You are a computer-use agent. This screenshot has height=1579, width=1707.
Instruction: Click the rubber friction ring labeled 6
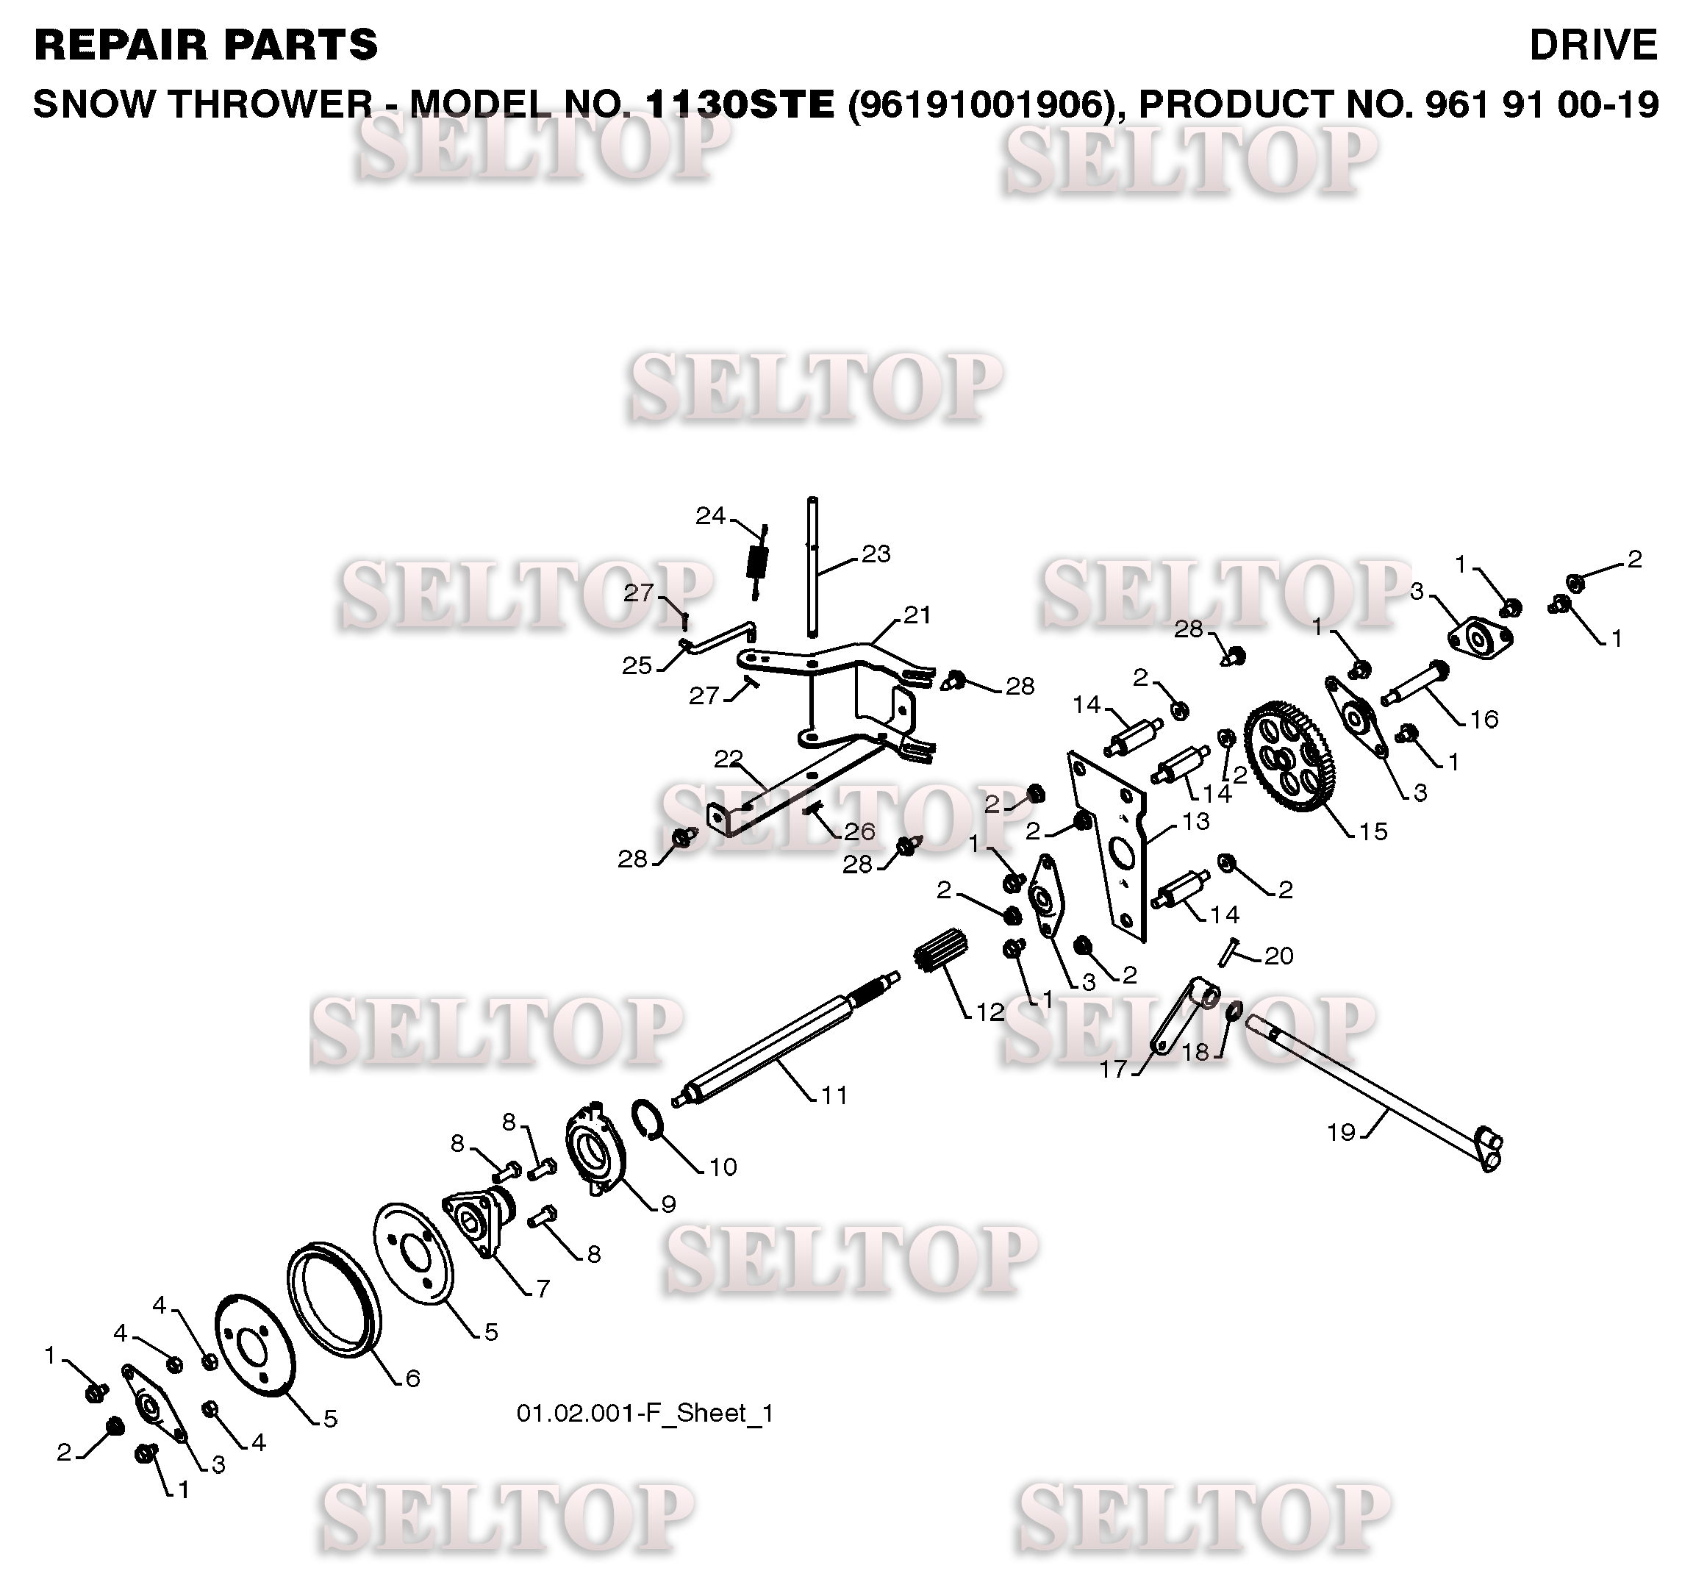coord(333,1300)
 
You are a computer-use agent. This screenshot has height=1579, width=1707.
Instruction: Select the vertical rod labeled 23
coord(812,564)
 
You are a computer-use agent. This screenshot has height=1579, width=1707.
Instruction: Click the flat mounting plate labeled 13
coord(1111,846)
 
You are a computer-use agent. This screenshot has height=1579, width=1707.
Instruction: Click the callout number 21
coord(917,615)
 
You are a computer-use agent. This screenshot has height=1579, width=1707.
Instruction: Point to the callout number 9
coord(668,1204)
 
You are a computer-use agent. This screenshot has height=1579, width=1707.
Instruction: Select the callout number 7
coord(543,1288)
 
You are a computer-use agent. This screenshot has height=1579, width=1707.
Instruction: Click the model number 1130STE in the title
coord(740,104)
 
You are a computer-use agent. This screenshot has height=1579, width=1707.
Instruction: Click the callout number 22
coord(728,758)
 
